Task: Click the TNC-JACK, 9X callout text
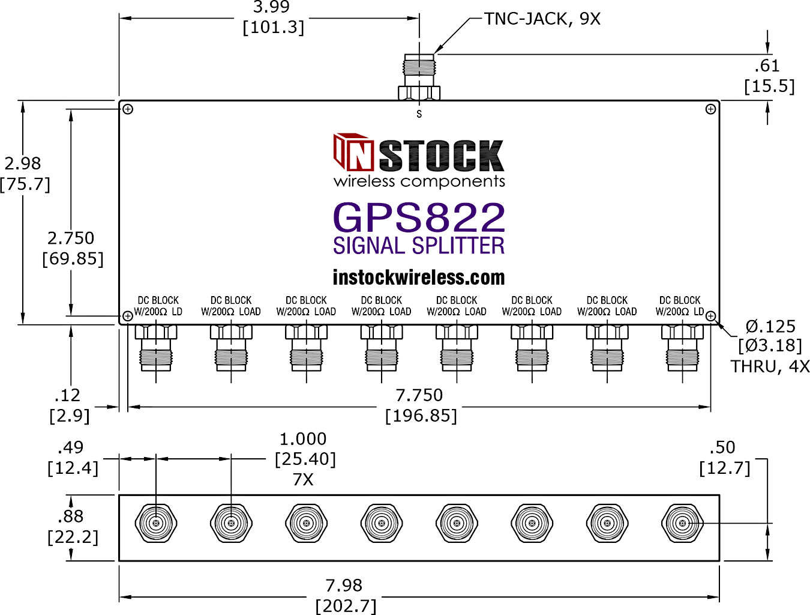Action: pos(542,19)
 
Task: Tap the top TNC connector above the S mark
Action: pos(419,77)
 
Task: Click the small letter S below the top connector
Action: pos(419,114)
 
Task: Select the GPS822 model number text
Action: pos(419,217)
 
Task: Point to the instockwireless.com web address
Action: pos(418,277)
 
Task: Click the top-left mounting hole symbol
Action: pos(128,109)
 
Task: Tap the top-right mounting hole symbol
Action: pos(710,109)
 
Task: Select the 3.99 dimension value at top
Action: pos(271,7)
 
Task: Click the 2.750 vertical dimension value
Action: pos(71,238)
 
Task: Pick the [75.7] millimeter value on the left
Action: pos(25,184)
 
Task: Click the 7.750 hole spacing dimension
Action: pos(419,395)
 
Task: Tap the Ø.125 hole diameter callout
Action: pos(770,327)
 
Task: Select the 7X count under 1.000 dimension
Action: pos(303,480)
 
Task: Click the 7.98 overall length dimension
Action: pos(344,586)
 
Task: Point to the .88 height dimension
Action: pos(70,517)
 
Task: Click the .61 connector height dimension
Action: pos(767,65)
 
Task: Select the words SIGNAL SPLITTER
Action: pos(418,246)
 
